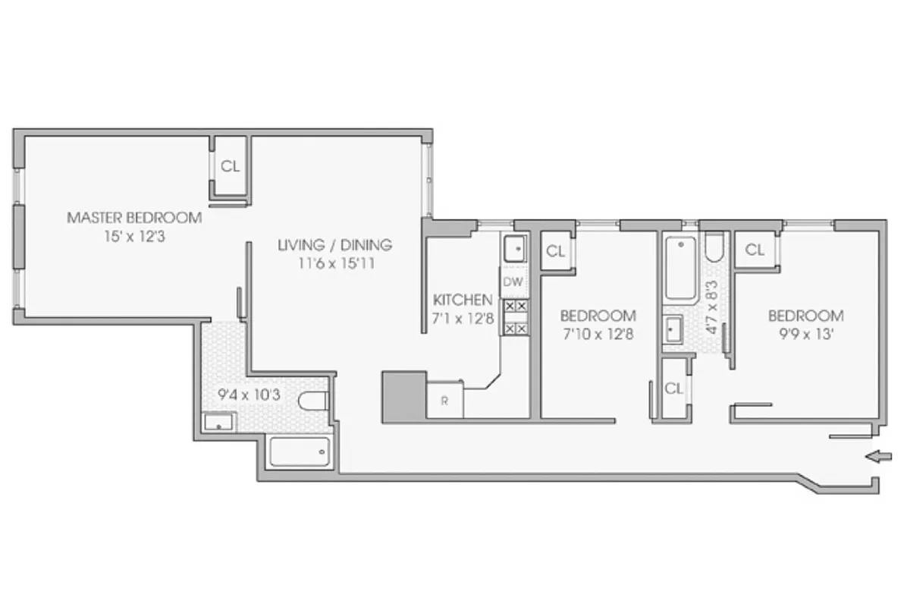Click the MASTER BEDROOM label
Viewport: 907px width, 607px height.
(x=134, y=218)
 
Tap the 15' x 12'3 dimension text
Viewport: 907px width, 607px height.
(x=134, y=237)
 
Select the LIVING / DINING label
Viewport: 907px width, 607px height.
(x=334, y=245)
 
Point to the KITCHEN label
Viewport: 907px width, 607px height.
(x=463, y=299)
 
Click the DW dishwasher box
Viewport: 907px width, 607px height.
(x=513, y=282)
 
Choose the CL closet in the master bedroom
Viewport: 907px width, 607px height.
(x=230, y=167)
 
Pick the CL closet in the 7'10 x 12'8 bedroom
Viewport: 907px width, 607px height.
(x=556, y=251)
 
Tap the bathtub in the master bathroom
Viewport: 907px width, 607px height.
(x=300, y=452)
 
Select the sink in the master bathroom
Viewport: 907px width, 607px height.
(x=219, y=422)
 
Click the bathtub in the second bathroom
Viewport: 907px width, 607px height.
(x=679, y=269)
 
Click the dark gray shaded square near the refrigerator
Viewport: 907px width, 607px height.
(x=403, y=396)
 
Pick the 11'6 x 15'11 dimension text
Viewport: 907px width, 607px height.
(x=334, y=264)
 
